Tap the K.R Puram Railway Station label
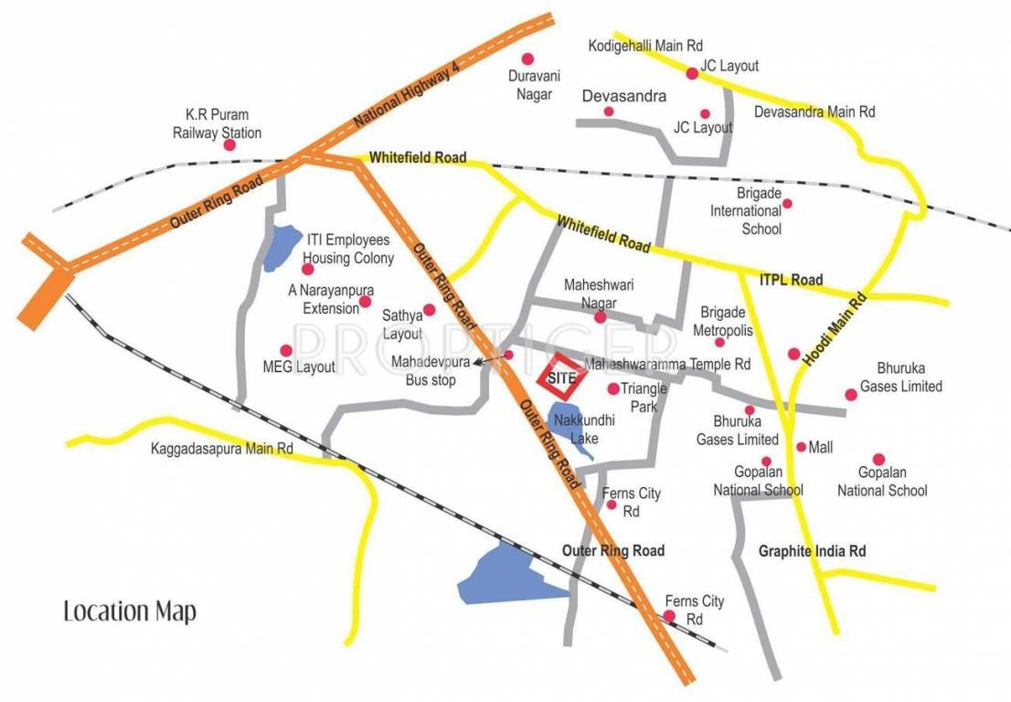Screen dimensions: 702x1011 point(218,123)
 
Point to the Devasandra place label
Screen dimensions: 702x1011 point(624,95)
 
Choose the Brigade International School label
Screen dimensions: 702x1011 point(748,211)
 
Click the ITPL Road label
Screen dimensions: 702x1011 point(792,280)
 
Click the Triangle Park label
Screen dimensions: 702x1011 point(644,396)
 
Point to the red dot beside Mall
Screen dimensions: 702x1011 point(801,447)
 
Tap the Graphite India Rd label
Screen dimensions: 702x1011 point(812,551)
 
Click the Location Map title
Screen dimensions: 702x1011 point(130,611)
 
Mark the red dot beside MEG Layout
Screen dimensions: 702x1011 point(286,350)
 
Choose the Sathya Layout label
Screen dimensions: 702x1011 point(402,326)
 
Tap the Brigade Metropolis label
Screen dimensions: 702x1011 point(722,321)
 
